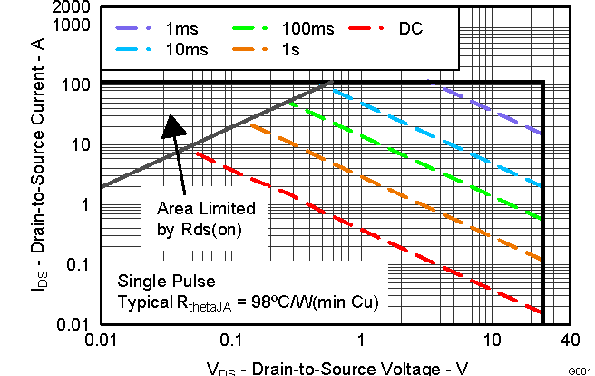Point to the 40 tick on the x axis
(x=569, y=340)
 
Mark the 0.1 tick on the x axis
(x=231, y=340)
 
